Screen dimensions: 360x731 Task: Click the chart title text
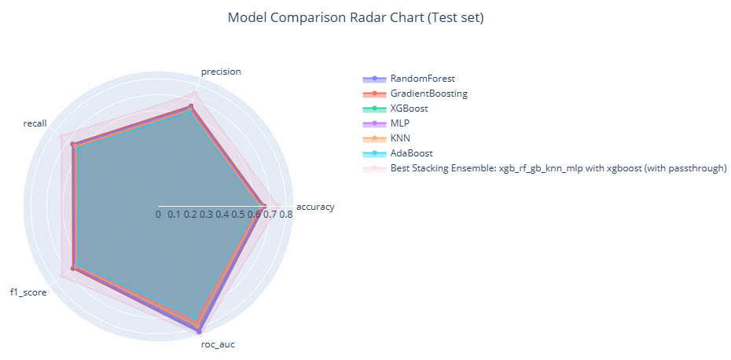355,17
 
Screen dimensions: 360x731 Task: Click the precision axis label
221,72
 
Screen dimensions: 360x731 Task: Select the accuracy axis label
315,208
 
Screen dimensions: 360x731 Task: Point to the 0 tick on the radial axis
158,214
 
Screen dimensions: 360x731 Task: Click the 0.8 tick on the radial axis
286,214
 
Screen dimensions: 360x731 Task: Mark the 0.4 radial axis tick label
222,214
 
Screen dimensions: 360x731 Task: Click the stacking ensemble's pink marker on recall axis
61,136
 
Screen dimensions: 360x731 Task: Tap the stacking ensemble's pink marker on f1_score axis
61,276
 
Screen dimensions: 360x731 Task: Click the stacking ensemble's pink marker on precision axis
195,94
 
